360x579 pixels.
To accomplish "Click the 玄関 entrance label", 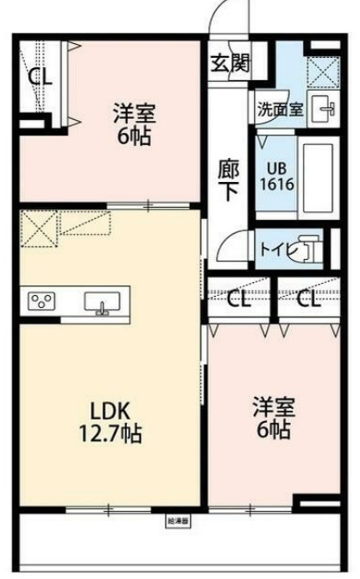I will (x=230, y=62).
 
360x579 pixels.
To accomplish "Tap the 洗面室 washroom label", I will (x=279, y=110).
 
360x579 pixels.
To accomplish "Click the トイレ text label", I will (x=276, y=250).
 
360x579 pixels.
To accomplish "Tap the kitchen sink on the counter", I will (x=101, y=303).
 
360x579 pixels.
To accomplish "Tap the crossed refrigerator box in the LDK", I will (x=38, y=228).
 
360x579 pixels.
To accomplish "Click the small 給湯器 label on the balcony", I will (x=178, y=521).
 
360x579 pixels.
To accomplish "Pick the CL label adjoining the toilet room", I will (x=239, y=299).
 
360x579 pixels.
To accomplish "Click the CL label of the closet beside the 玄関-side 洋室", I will (x=40, y=77).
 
